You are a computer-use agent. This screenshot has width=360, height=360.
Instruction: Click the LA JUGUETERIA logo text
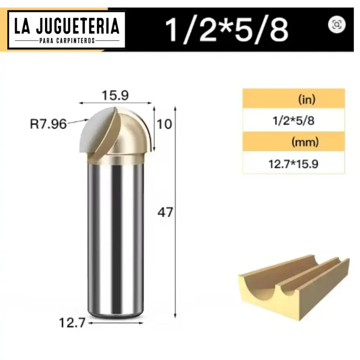click(67, 26)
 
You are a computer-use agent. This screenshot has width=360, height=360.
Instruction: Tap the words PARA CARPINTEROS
click(67, 41)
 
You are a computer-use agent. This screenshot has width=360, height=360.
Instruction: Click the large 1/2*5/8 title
click(227, 30)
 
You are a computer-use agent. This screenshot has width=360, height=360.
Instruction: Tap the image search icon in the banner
click(337, 24)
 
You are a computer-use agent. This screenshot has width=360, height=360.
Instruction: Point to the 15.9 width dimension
click(115, 95)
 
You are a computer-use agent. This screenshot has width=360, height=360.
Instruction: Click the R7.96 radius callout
click(48, 124)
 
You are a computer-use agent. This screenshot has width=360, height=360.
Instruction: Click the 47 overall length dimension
click(165, 213)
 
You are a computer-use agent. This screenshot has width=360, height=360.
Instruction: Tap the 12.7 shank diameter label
click(72, 322)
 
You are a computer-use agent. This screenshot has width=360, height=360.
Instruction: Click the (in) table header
click(307, 99)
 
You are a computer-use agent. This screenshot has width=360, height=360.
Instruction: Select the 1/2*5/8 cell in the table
click(293, 121)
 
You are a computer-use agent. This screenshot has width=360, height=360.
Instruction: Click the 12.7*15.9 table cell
click(293, 164)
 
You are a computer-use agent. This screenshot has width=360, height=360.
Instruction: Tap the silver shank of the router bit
click(115, 239)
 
